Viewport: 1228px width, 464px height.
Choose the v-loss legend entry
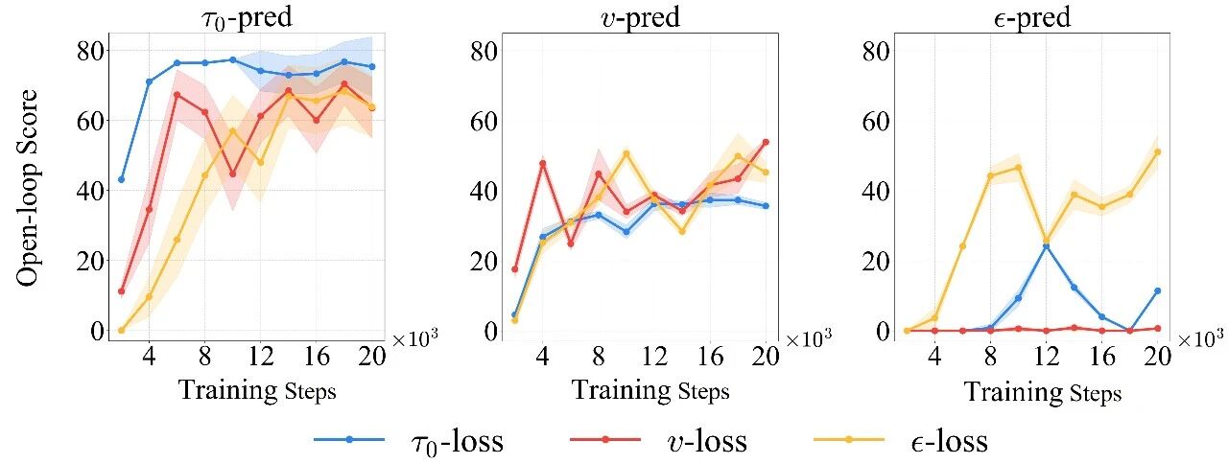pos(662,440)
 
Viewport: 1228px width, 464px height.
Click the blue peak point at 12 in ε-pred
pos(1046,246)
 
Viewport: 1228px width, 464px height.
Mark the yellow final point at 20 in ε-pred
pos(1158,151)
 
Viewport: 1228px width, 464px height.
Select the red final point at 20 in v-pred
pos(766,142)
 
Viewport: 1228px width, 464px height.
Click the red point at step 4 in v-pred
pos(542,163)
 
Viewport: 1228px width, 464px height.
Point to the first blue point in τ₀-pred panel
pos(121,179)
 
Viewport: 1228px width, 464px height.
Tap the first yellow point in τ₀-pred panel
pos(121,330)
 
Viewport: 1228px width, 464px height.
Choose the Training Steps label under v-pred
pos(650,391)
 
